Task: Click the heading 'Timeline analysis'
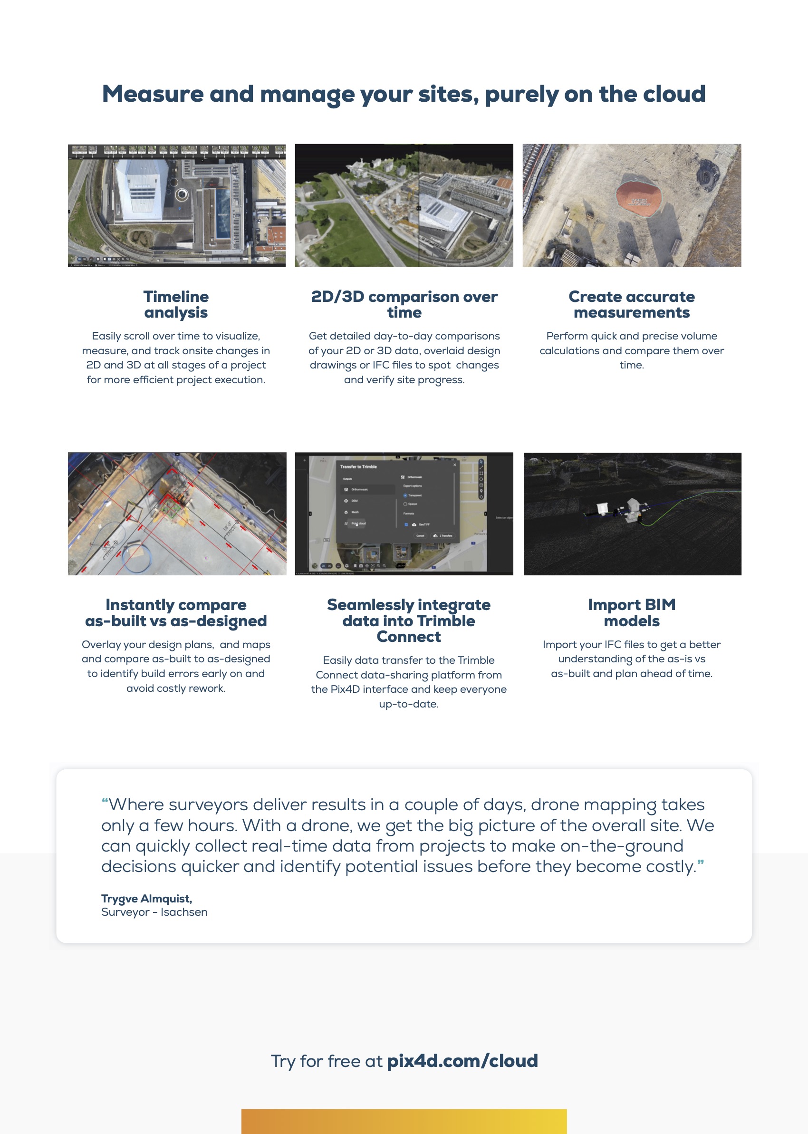click(x=176, y=304)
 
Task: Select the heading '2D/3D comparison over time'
click(x=404, y=304)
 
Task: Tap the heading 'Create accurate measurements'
click(x=631, y=304)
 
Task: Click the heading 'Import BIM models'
click(x=631, y=612)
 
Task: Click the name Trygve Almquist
click(x=146, y=898)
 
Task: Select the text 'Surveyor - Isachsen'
click(x=154, y=911)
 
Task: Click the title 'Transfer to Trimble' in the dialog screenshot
click(x=358, y=467)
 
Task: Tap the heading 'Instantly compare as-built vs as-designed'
click(x=176, y=612)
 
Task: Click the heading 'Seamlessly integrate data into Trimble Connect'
click(x=408, y=620)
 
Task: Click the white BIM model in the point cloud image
click(x=604, y=507)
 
